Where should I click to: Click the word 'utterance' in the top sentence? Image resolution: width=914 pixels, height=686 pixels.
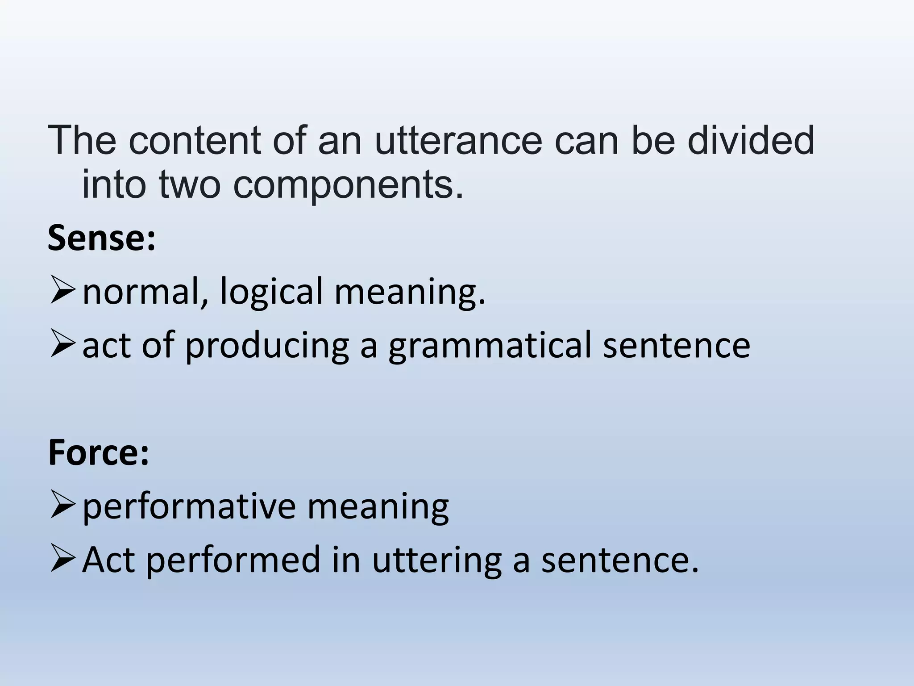(x=458, y=141)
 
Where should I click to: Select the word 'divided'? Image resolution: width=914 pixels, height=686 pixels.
(x=751, y=140)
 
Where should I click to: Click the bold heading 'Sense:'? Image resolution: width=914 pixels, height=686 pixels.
(x=102, y=238)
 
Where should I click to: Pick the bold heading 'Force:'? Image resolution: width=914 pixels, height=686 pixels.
(x=99, y=452)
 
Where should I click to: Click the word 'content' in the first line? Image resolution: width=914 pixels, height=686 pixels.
(x=195, y=141)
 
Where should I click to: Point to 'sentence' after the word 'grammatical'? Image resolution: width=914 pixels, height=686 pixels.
(x=676, y=346)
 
